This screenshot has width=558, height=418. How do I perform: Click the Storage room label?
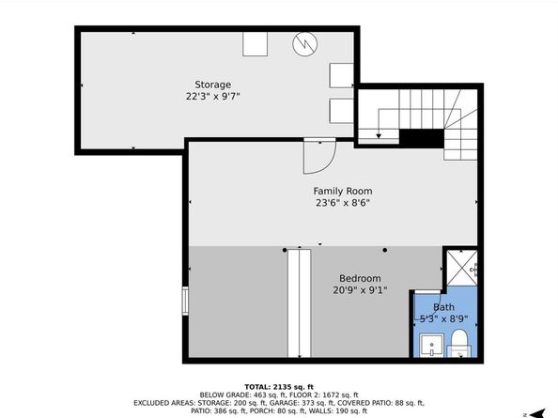click(x=213, y=85)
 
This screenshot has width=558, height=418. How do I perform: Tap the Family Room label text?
click(x=343, y=191)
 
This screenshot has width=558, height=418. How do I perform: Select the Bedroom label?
click(x=360, y=278)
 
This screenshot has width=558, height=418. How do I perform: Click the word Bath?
click(x=443, y=307)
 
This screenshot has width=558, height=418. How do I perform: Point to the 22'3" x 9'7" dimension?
click(x=213, y=97)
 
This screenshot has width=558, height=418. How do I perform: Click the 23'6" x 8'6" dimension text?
click(x=343, y=203)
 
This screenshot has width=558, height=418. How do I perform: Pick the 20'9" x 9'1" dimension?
click(x=360, y=290)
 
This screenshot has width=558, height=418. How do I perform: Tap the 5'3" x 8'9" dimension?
click(x=443, y=318)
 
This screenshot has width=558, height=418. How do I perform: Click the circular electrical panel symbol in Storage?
click(x=305, y=44)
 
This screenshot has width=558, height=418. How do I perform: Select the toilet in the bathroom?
click(x=458, y=343)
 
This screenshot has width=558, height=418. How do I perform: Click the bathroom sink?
click(x=431, y=345)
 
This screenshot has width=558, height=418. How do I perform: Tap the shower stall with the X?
click(x=462, y=269)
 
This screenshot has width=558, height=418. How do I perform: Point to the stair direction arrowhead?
click(x=379, y=136)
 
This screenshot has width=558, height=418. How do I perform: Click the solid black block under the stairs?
click(x=422, y=138)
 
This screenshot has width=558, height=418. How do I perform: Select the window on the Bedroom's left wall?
click(x=185, y=301)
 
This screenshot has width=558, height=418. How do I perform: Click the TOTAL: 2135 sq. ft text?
click(x=279, y=387)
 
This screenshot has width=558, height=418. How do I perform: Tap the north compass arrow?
click(x=537, y=413)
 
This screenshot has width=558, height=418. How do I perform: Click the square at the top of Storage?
click(x=255, y=44)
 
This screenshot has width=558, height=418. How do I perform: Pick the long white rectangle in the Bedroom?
click(x=299, y=303)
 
